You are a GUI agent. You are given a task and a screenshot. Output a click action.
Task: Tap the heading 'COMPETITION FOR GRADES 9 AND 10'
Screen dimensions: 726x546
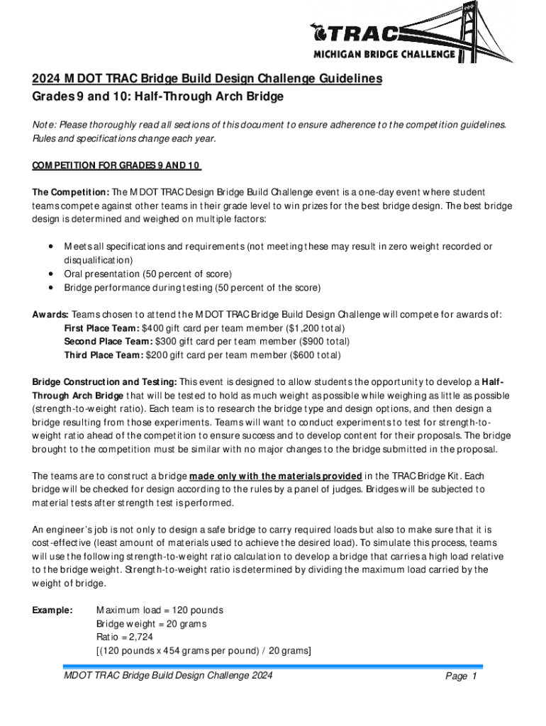point(116,166)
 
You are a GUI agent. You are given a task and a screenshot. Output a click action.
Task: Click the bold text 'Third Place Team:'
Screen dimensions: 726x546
point(104,355)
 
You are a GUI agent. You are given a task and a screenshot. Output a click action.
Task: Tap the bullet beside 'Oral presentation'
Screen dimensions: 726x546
point(52,274)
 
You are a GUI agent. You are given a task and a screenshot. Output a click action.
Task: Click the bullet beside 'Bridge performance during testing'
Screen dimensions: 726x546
point(52,287)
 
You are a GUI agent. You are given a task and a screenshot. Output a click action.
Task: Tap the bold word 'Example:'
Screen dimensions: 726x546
point(52,610)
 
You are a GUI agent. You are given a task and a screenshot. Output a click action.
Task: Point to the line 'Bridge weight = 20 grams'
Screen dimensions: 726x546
point(151,624)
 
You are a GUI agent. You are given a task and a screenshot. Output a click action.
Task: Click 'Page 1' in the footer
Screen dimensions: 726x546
point(461,676)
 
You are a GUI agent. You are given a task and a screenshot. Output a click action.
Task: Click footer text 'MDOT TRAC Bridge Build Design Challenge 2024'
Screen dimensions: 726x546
point(168,675)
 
